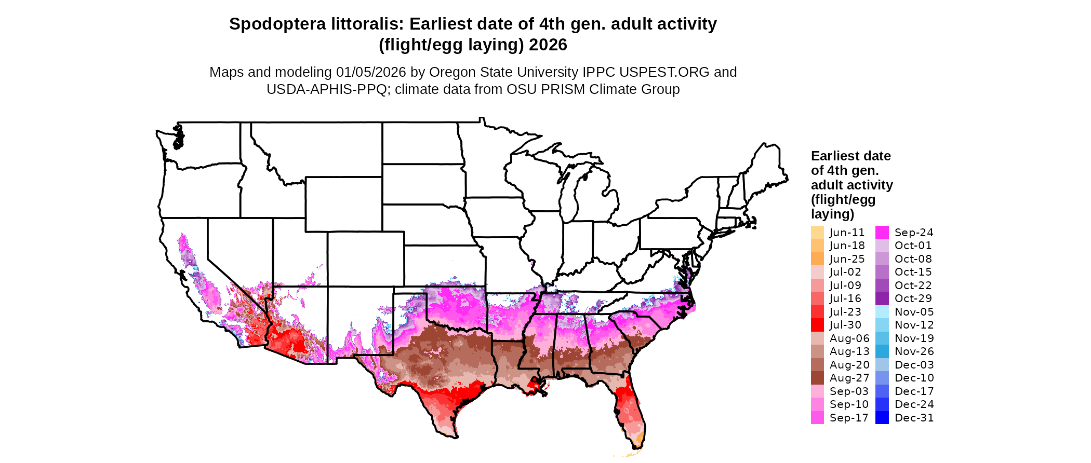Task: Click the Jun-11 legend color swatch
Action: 817,233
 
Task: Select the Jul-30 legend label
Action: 845,325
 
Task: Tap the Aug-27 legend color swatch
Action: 817,378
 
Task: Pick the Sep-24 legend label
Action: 914,233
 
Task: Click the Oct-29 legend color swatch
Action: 882,298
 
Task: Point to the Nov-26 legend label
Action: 914,351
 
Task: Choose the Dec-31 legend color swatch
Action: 882,418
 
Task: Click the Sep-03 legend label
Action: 849,391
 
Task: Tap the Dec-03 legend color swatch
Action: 882,365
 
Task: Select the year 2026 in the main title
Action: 548,45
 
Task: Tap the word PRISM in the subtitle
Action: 563,89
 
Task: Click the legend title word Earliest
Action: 835,156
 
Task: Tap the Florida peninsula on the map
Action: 632,410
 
